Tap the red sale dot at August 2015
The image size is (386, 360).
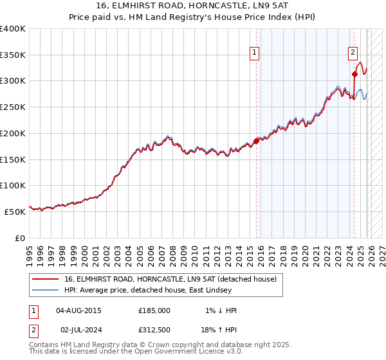[256, 141]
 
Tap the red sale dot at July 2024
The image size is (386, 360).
[354, 74]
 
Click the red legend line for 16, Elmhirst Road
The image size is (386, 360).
[45, 279]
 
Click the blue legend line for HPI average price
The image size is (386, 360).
[45, 290]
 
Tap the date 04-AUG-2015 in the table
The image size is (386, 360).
[78, 310]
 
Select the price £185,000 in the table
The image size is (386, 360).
[154, 310]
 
